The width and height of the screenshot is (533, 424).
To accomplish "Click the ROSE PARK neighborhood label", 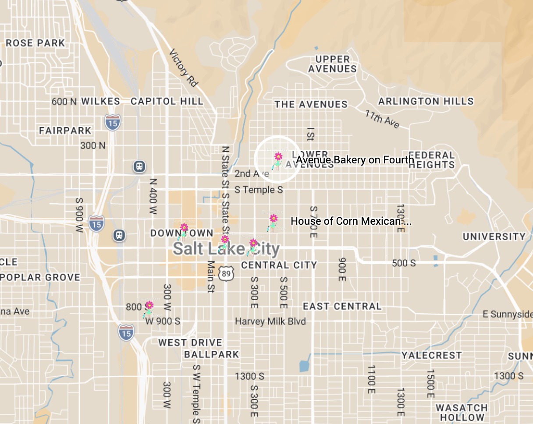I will click(x=35, y=43).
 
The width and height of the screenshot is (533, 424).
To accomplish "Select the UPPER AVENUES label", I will click(x=333, y=64).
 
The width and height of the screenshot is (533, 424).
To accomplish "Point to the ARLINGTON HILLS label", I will click(x=426, y=101).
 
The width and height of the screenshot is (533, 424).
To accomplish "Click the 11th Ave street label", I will click(x=382, y=119).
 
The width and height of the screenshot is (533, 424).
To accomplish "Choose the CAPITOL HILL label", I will click(x=167, y=102).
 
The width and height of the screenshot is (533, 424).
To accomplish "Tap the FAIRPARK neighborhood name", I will click(x=65, y=131).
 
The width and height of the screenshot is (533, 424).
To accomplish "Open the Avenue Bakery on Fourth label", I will click(x=355, y=160).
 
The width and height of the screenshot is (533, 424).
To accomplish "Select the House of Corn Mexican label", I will click(x=351, y=221).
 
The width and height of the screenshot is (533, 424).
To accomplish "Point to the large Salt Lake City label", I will click(x=226, y=249).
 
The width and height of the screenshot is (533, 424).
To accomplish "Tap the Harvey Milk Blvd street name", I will click(x=270, y=321).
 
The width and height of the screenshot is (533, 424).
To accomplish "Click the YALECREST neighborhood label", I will click(x=432, y=355).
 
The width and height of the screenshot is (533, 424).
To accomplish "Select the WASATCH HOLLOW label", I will click(x=462, y=413).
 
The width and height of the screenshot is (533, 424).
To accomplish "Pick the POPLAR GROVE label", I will click(x=40, y=277).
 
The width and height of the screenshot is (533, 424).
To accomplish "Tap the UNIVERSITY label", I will click(x=494, y=237).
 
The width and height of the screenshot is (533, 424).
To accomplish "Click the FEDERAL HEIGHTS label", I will click(x=432, y=160).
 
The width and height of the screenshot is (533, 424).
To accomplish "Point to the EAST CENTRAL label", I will click(x=342, y=306).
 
